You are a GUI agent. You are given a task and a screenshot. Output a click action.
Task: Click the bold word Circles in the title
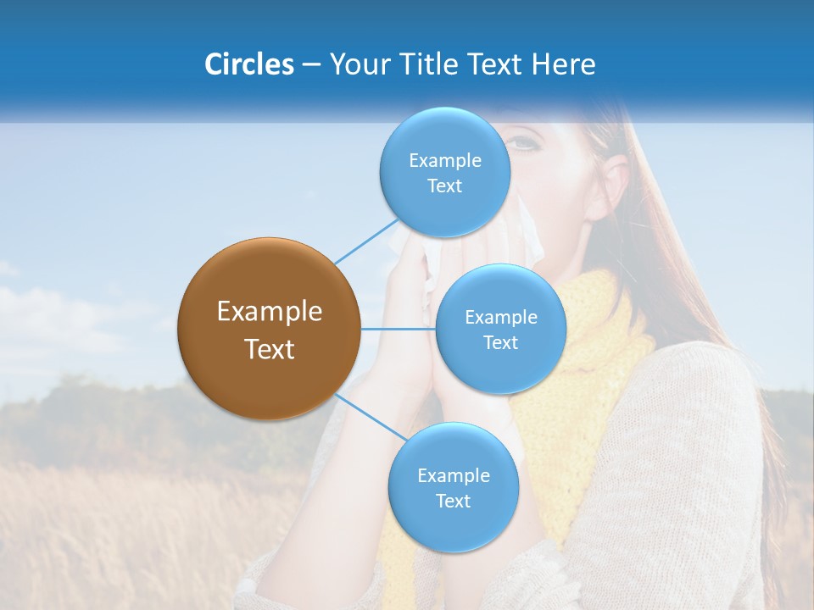(248, 64)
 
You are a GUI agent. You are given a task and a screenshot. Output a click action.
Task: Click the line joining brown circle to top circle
(366, 241)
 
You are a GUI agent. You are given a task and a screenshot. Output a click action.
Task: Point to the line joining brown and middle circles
(399, 329)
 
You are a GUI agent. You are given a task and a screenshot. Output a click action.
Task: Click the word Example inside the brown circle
(269, 312)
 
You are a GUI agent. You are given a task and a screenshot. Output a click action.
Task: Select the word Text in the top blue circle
(444, 186)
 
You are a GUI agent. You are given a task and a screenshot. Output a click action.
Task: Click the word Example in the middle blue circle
(500, 318)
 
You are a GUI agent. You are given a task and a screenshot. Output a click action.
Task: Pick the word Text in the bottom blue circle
(453, 501)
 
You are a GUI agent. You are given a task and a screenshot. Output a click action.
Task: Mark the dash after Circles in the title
(310, 65)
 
